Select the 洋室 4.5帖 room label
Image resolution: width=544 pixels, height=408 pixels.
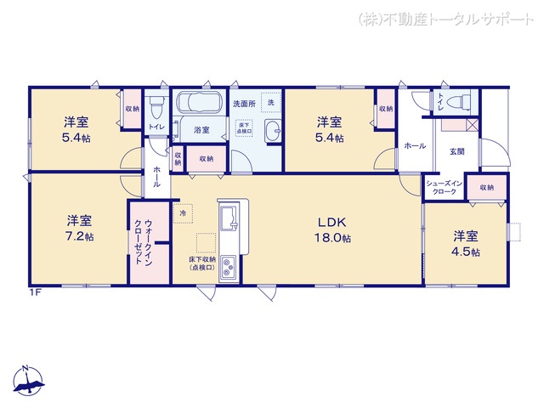pyautogui.click(x=465, y=243)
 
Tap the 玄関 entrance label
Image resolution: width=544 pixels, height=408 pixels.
pyautogui.click(x=457, y=150)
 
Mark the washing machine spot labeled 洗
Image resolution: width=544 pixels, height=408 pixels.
pyautogui.click(x=270, y=101)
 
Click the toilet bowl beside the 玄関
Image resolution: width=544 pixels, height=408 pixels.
pyautogui.click(x=460, y=101)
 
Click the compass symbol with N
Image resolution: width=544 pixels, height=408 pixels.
pyautogui.click(x=28, y=381)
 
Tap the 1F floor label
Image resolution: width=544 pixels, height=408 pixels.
pyautogui.click(x=35, y=292)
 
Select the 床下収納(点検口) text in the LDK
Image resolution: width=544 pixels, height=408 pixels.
pyautogui.click(x=202, y=263)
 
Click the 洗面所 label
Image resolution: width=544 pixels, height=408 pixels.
pyautogui.click(x=244, y=103)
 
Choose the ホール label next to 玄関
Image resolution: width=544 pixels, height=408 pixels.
pyautogui.click(x=415, y=146)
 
